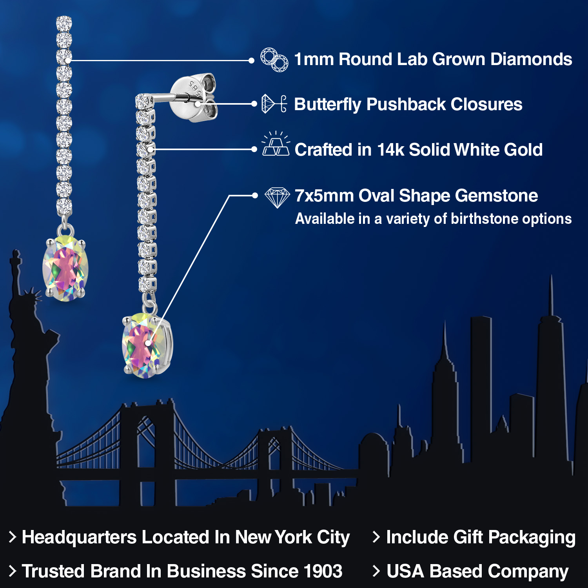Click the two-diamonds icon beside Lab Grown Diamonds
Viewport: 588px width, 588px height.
pos(274,60)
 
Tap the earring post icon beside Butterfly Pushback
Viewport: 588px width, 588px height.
pos(274,104)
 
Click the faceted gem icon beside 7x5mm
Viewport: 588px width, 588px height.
pos(277,197)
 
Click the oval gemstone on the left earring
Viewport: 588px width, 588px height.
pos(65,269)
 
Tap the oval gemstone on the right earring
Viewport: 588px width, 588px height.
pos(147,345)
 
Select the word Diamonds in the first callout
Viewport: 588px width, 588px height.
pos(531,59)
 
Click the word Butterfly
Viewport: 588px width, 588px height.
pos(328,104)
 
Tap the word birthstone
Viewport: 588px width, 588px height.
pos(484,219)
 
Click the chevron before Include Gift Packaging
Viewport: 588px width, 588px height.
pos(376,537)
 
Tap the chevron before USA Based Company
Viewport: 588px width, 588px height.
pos(376,571)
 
